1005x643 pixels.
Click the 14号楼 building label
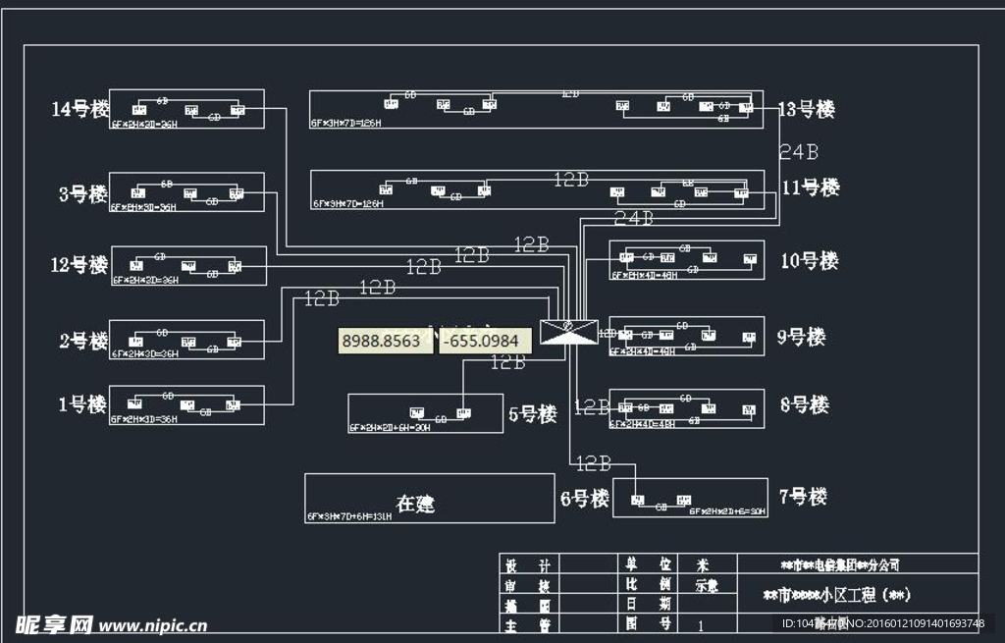80,109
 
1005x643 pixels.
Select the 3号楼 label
82,193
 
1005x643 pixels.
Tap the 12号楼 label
79,265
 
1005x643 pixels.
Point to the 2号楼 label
83,341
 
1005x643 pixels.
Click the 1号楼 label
82,403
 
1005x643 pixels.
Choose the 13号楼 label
806,110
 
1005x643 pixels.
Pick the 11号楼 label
811,188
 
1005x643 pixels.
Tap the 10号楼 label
810,261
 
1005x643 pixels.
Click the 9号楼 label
801,337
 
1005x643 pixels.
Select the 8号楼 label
804,404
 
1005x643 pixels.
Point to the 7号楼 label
803,497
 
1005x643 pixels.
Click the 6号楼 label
585,499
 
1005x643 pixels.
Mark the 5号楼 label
533,414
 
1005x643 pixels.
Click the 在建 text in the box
415,504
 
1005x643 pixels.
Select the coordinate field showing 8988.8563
382,341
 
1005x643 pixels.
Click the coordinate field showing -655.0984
485,341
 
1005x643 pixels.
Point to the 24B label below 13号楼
799,151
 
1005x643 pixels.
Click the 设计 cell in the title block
526,565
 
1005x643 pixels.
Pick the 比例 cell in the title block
650,584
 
